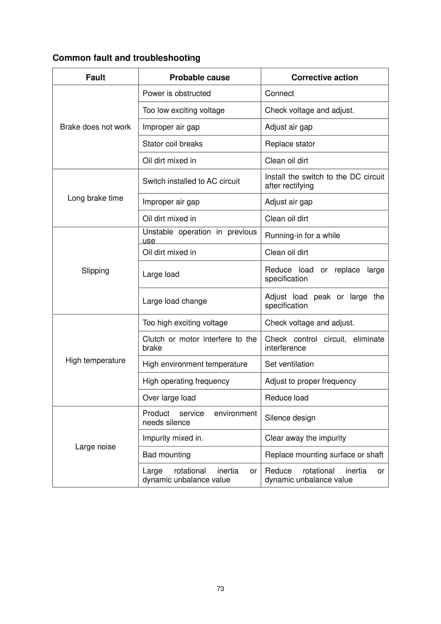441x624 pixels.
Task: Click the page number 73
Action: (x=220, y=589)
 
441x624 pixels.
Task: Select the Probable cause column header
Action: (x=200, y=77)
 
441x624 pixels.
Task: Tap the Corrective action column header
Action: (x=325, y=77)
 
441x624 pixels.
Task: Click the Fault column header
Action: (x=95, y=77)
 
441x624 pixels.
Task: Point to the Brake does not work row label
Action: (x=95, y=127)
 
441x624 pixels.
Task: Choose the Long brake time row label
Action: (x=95, y=198)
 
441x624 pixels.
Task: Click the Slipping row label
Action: (x=95, y=271)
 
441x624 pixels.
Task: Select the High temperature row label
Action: (x=95, y=360)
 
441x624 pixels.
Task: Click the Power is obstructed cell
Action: (x=176, y=94)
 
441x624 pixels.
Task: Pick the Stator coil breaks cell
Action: (x=172, y=144)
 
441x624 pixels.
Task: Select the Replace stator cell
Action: (x=290, y=144)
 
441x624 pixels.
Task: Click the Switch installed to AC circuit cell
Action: (x=191, y=181)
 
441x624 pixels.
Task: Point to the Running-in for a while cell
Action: (x=302, y=235)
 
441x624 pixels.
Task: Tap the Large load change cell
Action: (x=175, y=301)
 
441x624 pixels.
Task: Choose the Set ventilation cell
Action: (x=289, y=364)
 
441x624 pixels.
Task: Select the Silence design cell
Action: (x=290, y=418)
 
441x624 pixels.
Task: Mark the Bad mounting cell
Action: (x=166, y=455)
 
